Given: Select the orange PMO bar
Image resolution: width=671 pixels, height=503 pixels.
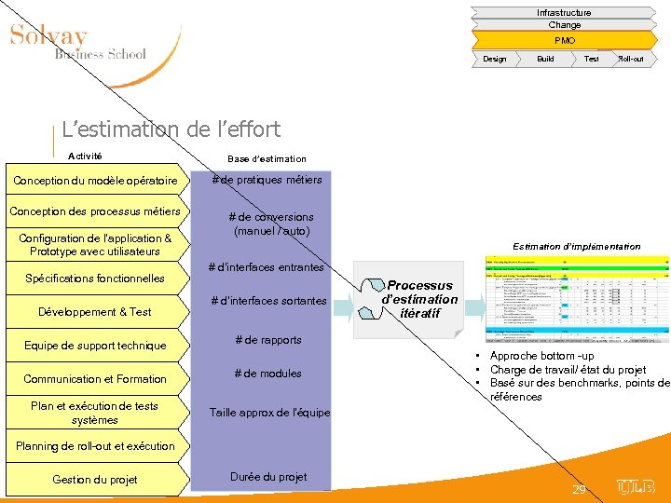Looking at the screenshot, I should pyautogui.click(x=565, y=40).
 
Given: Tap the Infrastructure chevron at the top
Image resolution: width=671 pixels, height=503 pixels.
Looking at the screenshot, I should pyautogui.click(x=564, y=12).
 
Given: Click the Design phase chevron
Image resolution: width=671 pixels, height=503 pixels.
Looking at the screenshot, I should pyautogui.click(x=495, y=59).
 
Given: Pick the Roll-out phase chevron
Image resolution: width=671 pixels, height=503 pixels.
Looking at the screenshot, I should pyautogui.click(x=631, y=59).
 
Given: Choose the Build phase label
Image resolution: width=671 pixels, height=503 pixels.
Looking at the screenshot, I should pyautogui.click(x=545, y=59).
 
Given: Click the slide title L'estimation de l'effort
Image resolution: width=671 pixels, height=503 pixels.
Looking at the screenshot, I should pyautogui.click(x=171, y=129).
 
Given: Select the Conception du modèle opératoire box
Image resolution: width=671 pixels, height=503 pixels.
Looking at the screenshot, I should pyautogui.click(x=95, y=180).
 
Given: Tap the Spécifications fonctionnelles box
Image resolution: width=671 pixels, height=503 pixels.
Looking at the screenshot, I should pyautogui.click(x=95, y=278).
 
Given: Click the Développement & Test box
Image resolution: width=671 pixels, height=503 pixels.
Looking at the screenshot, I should pyautogui.click(x=95, y=311).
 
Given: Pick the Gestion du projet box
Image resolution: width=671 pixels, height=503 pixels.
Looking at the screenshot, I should pyautogui.click(x=95, y=480).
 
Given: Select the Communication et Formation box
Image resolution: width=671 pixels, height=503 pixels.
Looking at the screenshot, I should pyautogui.click(x=95, y=379).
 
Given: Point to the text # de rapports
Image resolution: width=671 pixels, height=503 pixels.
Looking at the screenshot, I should pyautogui.click(x=268, y=340).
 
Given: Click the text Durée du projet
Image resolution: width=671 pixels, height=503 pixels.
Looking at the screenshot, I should pyautogui.click(x=268, y=477).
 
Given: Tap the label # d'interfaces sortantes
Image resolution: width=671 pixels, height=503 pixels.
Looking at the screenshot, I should pyautogui.click(x=268, y=301).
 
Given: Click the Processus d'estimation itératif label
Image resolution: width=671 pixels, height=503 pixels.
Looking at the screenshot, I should pyautogui.click(x=420, y=299).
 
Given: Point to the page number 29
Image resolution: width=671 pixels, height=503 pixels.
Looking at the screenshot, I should pyautogui.click(x=579, y=490).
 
